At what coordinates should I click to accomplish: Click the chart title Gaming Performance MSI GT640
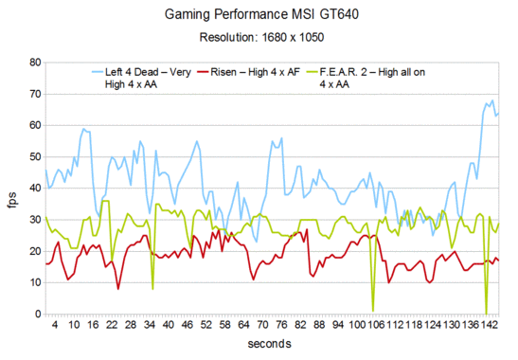(259, 15)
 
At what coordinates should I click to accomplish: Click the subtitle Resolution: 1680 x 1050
(259, 38)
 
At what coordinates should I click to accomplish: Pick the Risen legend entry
(274, 70)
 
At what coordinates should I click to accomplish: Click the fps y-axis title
(11, 188)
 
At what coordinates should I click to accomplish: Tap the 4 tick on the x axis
(55, 325)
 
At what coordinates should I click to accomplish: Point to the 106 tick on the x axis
(376, 325)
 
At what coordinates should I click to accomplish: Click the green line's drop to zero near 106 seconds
(373, 310)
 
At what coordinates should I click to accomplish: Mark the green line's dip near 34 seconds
(152, 288)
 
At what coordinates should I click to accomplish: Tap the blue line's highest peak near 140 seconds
(491, 99)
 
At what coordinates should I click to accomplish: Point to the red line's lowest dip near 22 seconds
(117, 288)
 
